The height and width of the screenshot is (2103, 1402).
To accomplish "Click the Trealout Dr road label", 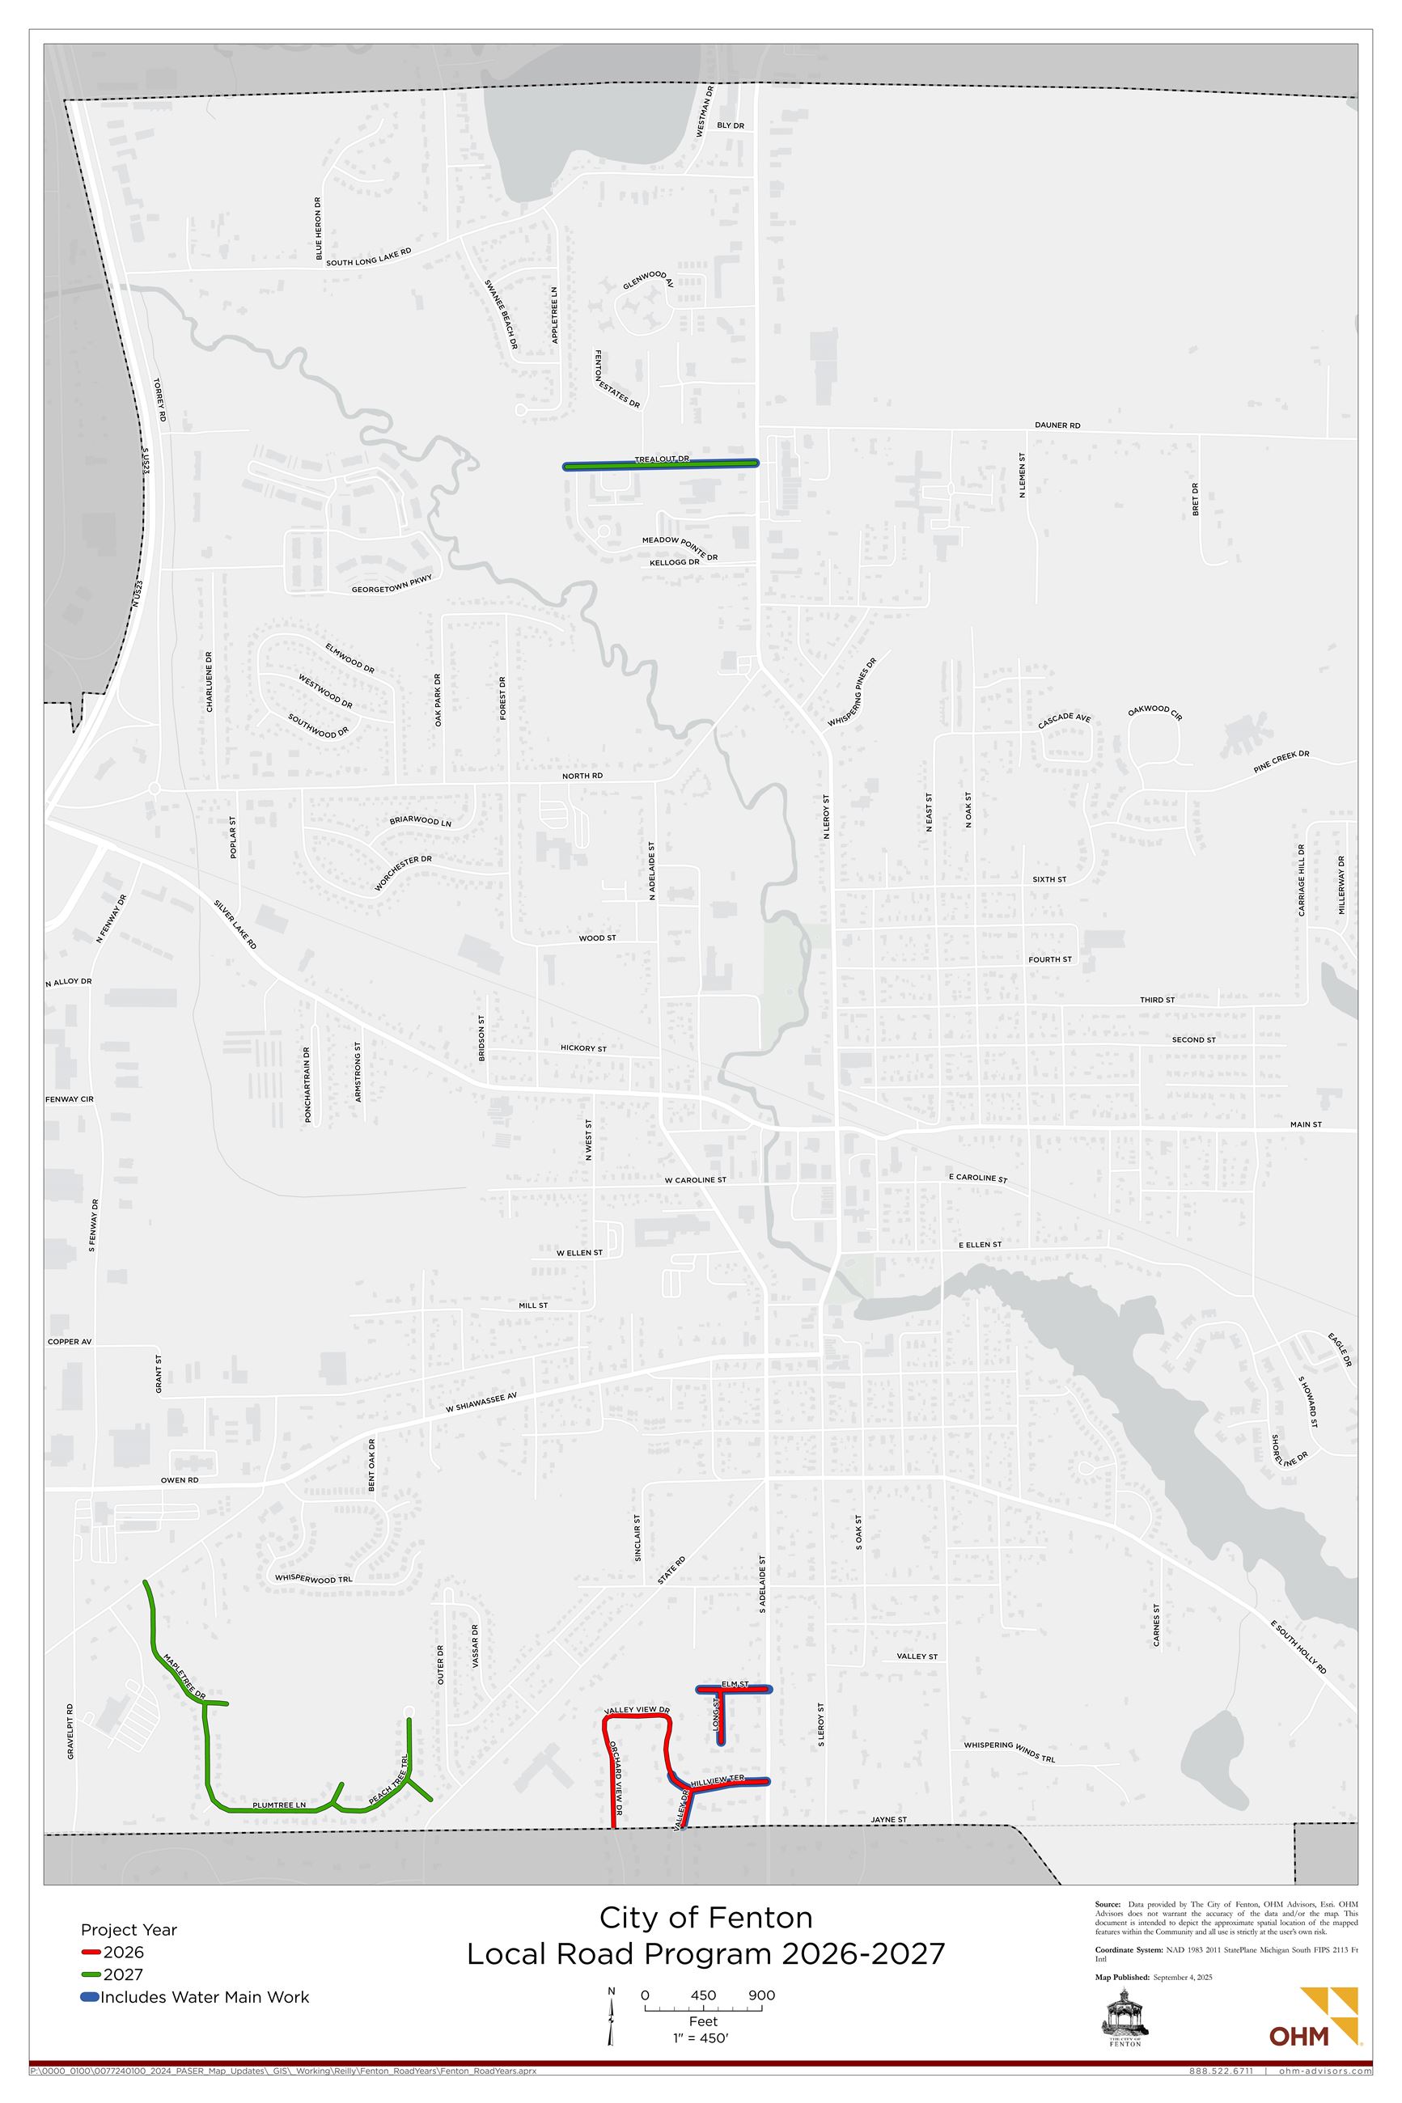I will pyautogui.click(x=662, y=459).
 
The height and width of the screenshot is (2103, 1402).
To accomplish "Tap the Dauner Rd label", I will pyautogui.click(x=1057, y=425).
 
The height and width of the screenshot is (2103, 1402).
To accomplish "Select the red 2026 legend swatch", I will pyautogui.click(x=91, y=1953).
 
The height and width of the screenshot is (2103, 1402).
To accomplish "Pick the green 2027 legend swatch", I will pyautogui.click(x=91, y=1974).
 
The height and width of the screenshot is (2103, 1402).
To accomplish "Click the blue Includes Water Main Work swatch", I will pyautogui.click(x=90, y=1997).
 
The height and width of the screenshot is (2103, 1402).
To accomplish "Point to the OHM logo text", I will pyautogui.click(x=1298, y=2036).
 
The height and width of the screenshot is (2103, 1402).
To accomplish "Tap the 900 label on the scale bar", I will pyautogui.click(x=761, y=1995).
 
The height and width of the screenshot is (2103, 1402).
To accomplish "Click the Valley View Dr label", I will pyautogui.click(x=637, y=1710).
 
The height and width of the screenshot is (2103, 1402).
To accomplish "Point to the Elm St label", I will pyautogui.click(x=734, y=1683).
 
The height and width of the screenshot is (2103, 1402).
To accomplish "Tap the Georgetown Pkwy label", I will pyautogui.click(x=392, y=585).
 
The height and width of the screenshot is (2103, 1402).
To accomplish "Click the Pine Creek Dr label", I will pyautogui.click(x=1281, y=760).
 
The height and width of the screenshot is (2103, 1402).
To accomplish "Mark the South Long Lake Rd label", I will pyautogui.click(x=368, y=256).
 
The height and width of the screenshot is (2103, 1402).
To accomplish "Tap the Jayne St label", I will pyautogui.click(x=889, y=1820).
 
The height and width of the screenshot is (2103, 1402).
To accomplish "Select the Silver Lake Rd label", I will pyautogui.click(x=235, y=925).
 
